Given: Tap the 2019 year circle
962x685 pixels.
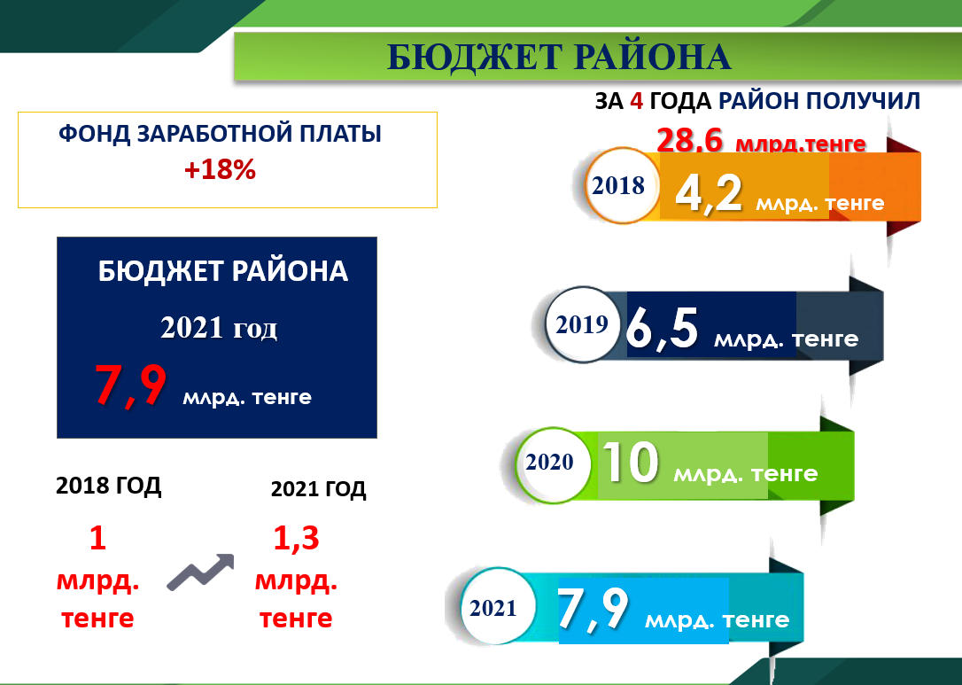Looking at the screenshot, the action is pos(583,324).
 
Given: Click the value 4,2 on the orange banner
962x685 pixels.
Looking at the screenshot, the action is pos(708,194).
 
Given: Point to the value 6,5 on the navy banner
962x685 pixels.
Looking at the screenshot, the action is pos(662,330).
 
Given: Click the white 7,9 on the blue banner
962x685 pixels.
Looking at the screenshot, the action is pos(593,609).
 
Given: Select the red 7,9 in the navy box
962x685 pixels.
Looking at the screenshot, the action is pos(130,385).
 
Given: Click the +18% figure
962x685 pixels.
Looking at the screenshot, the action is pos(220,170).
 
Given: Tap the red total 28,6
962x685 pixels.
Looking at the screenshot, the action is pos(690,141).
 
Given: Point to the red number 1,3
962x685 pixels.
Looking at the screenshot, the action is pos(296,538).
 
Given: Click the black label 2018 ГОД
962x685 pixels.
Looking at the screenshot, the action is pos(109,486).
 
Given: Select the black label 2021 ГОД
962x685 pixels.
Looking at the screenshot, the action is pos(318,489).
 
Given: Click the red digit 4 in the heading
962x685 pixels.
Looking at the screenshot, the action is pos(636,101).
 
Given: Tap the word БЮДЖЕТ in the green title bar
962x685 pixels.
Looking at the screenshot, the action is pos(475,58).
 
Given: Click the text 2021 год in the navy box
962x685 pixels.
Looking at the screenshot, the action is pos(219,328).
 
